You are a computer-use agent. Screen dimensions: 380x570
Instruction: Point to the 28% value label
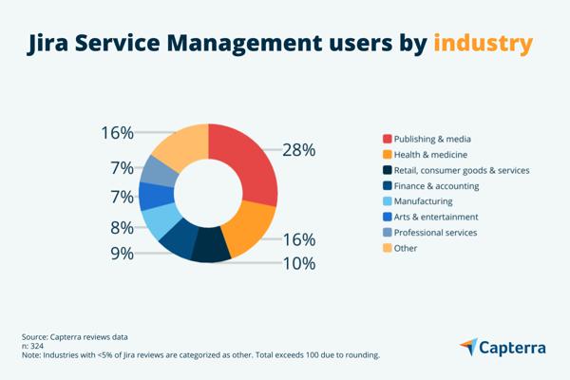coord(298,150)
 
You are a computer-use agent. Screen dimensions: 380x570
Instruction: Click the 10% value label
coord(298,263)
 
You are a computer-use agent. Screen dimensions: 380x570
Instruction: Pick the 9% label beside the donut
coord(122,254)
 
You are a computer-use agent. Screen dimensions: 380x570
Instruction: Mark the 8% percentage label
coord(122,227)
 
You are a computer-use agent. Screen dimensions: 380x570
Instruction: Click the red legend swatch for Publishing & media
coord(387,140)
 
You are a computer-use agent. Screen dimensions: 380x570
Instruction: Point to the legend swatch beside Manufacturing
coord(387,201)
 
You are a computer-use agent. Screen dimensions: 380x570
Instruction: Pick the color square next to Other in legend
coord(387,248)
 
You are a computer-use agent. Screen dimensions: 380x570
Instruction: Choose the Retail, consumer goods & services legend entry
coord(461,170)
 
